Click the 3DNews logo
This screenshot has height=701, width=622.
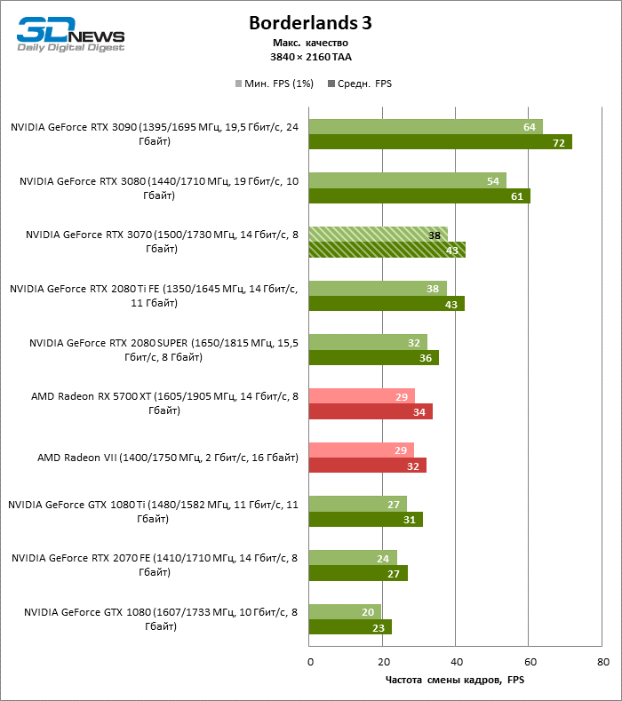[71, 35]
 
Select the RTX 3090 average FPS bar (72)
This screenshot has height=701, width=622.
[440, 142]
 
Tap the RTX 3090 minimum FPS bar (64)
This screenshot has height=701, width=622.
[425, 127]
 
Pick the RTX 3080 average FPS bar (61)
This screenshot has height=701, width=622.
[419, 195]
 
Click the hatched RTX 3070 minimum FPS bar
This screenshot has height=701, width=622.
[378, 235]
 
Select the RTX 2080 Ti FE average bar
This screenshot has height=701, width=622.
[386, 304]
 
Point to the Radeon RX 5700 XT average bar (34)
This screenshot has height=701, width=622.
[370, 411]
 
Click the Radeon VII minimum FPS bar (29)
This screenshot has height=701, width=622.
[361, 450]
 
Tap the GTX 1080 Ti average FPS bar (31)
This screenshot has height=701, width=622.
[365, 520]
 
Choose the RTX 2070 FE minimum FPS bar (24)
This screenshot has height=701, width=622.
[352, 558]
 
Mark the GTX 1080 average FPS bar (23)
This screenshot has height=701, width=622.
[350, 627]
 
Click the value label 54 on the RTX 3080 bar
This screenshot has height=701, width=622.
[492, 181]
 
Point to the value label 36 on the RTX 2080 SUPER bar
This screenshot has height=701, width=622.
[427, 358]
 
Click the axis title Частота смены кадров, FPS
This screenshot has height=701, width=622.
[456, 680]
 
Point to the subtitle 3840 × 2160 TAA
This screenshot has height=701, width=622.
[310, 56]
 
